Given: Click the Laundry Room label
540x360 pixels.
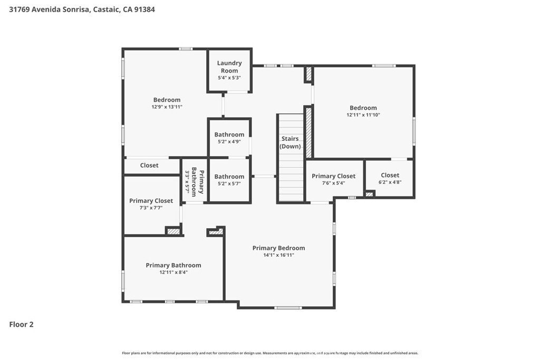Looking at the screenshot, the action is point(229,67).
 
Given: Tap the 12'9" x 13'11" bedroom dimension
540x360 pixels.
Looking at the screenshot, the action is point(167,107).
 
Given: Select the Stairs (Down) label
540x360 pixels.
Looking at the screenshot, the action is point(290,142).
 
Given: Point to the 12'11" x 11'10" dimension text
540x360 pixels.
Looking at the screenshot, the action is point(363,115).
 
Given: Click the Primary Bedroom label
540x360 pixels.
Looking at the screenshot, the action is point(278,248).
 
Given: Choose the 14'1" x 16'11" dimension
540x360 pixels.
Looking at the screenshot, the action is point(278,255).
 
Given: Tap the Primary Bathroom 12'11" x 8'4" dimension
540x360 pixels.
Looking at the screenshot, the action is point(173,272).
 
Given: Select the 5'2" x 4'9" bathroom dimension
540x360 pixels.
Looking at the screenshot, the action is point(229,141).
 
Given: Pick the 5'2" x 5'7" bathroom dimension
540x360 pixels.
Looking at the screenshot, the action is point(229,183).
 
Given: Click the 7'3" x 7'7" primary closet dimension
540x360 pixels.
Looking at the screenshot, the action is point(151,208).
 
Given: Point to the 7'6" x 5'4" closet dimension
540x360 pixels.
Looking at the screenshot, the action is point(334,183).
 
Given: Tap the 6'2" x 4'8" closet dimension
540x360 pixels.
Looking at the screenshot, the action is point(390,182).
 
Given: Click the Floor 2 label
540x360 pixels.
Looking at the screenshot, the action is point(21,324).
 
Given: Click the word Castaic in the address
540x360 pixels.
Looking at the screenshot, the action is point(107,9).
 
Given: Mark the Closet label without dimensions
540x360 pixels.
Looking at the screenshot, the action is point(149,165).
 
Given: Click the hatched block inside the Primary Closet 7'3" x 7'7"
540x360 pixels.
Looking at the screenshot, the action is point(173,231).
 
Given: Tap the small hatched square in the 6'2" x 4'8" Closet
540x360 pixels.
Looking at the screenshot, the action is point(370,194).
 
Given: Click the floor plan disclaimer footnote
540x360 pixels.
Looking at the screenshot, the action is point(270,353).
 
